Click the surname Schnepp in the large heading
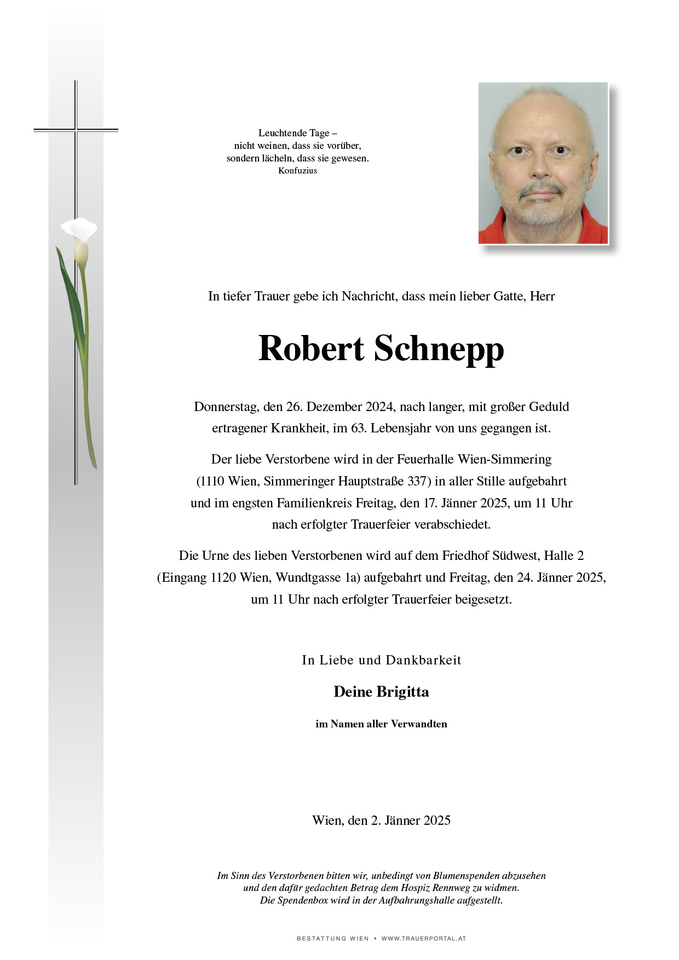[x=439, y=349]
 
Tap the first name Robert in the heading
[x=311, y=348]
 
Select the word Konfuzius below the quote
[x=297, y=171]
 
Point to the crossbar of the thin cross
[x=76, y=130]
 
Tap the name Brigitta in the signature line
[x=402, y=692]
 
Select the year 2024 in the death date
[x=378, y=407]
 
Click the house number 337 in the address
[x=417, y=481]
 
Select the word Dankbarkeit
[x=423, y=660]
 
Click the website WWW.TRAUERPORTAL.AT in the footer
[x=423, y=939]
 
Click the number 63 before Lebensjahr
[x=358, y=428]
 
